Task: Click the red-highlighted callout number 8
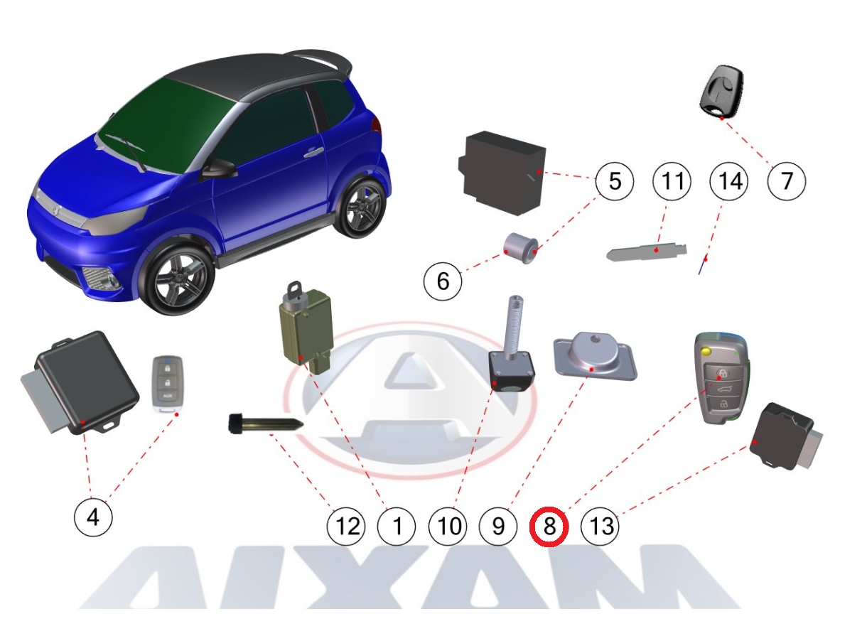click(549, 527)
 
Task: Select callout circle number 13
click(600, 527)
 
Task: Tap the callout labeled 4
click(93, 517)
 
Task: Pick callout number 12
click(346, 527)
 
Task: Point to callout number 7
click(787, 181)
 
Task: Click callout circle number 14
click(729, 181)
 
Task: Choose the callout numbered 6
click(443, 281)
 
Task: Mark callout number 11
click(672, 181)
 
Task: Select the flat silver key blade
click(646, 252)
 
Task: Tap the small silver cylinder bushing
click(521, 248)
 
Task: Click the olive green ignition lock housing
click(305, 328)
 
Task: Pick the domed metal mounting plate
click(596, 356)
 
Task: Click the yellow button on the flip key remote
click(706, 350)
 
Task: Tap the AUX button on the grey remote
click(168, 396)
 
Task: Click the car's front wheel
click(178, 280)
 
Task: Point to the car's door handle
click(314, 153)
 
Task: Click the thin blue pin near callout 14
click(702, 266)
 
